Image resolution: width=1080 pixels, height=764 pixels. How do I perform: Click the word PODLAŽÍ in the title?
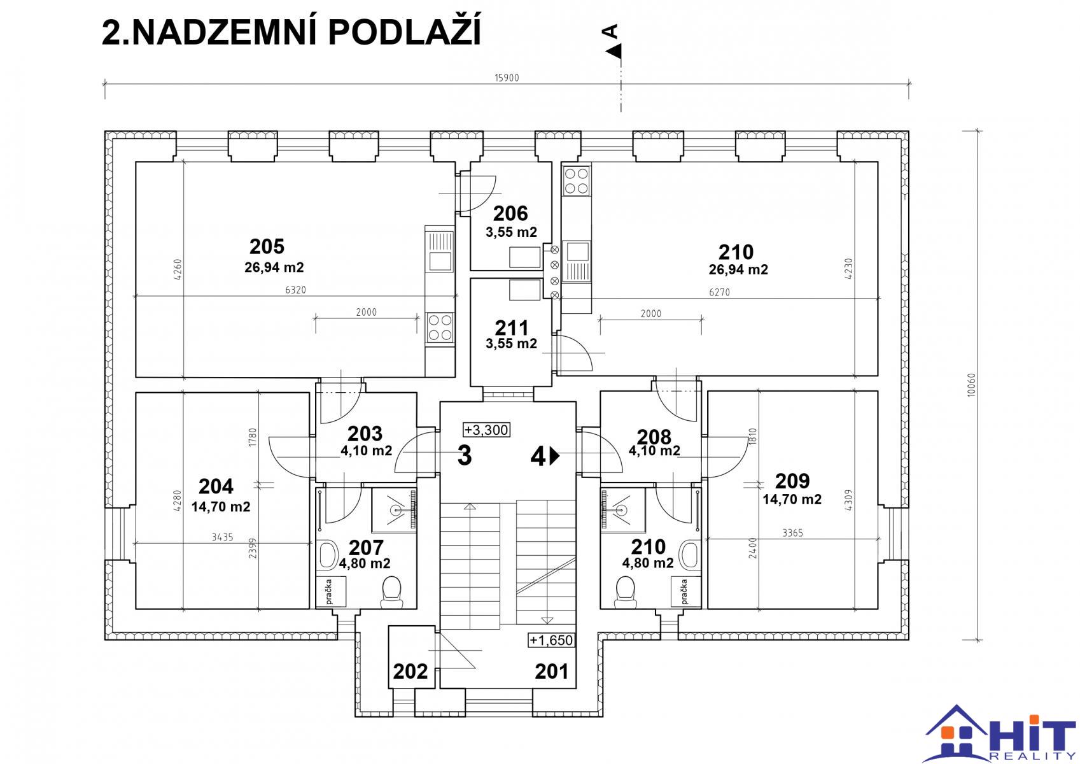[x=405, y=33]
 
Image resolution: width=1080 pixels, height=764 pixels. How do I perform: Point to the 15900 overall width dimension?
[x=507, y=78]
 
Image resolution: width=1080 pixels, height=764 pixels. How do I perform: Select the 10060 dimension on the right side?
[x=971, y=385]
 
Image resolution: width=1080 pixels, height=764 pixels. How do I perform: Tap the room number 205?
[x=267, y=246]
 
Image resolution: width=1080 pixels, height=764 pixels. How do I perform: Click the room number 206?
[x=510, y=213]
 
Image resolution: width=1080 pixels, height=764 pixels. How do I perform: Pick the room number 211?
[x=512, y=328]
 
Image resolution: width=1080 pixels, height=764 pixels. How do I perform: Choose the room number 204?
[x=216, y=486]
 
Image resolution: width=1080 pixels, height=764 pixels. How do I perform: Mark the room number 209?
[x=792, y=481]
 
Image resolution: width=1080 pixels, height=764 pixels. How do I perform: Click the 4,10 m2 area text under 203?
[x=367, y=451]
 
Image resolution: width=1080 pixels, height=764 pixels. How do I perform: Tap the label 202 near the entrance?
[x=410, y=672]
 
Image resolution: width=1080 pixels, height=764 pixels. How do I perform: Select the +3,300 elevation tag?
[x=486, y=430]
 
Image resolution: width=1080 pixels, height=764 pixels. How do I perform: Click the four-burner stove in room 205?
[x=440, y=327]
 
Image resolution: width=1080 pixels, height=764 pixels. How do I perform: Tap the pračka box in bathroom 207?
[x=331, y=591]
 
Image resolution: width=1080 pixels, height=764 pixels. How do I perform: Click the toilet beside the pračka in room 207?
[x=391, y=592]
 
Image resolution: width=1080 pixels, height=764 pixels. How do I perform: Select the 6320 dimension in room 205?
[x=295, y=290]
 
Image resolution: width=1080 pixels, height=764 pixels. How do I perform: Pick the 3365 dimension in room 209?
[x=792, y=533]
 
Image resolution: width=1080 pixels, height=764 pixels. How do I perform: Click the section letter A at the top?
[x=610, y=32]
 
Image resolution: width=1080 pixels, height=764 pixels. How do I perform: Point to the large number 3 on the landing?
[x=465, y=455]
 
